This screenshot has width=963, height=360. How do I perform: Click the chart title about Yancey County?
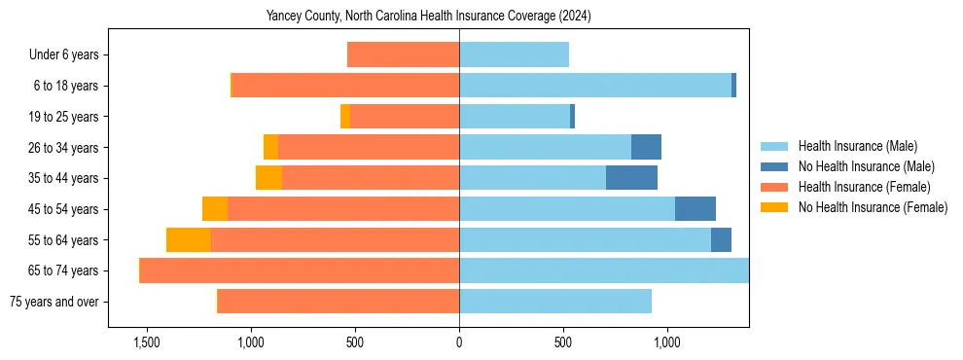[x=428, y=17]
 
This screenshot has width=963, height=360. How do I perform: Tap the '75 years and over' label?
[x=53, y=302]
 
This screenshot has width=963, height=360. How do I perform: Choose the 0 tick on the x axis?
[x=459, y=343]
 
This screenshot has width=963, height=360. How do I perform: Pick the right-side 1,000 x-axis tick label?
[x=666, y=343]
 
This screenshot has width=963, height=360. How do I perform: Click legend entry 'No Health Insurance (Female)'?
[x=872, y=207]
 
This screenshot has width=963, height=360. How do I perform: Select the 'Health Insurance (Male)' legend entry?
[x=857, y=146]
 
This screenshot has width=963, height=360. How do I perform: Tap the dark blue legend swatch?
[x=774, y=166]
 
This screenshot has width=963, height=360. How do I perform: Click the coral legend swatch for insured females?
[x=774, y=187]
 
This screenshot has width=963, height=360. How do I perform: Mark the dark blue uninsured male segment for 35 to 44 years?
[x=631, y=178]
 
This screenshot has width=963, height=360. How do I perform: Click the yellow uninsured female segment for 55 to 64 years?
[x=189, y=239]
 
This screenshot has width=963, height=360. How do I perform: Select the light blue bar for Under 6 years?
[x=514, y=55]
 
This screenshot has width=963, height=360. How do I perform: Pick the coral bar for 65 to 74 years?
[x=300, y=270]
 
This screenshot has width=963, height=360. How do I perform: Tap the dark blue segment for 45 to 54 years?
[x=695, y=209]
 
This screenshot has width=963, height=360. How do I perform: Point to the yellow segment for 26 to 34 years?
[x=270, y=147]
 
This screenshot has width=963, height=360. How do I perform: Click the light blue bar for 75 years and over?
[x=554, y=302]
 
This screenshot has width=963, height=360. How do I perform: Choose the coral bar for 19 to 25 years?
[x=405, y=117]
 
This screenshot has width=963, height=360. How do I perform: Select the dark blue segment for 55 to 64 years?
[x=721, y=239]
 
